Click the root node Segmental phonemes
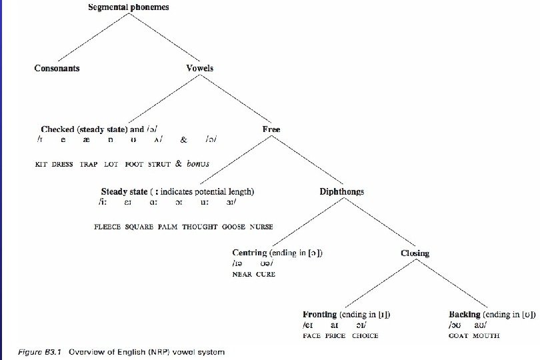click(x=129, y=7)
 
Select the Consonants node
click(x=57, y=68)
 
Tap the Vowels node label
click(x=200, y=68)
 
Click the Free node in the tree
click(x=271, y=129)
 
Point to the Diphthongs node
click(x=342, y=191)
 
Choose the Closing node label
click(x=415, y=253)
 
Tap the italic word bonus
click(x=198, y=163)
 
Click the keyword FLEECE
click(x=107, y=227)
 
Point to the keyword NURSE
click(x=261, y=227)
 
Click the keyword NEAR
click(x=241, y=274)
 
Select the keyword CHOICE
click(x=365, y=336)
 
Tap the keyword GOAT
click(x=458, y=336)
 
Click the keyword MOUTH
click(x=486, y=336)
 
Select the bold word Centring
click(x=249, y=253)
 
